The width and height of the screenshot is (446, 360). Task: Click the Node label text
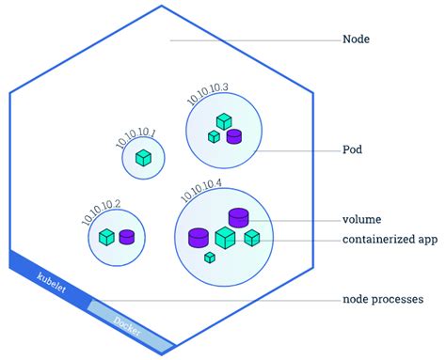point(358,40)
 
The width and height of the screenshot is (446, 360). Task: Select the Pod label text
point(354,149)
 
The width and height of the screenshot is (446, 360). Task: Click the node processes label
point(383,300)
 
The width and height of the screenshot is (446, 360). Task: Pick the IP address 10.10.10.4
point(199,190)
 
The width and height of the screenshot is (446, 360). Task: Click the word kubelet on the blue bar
point(51,286)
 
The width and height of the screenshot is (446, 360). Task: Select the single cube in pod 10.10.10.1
point(143,159)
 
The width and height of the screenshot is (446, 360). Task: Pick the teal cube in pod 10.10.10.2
point(107,237)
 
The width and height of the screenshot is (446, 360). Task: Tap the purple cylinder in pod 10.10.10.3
point(233,137)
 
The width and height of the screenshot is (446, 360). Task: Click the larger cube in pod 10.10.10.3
point(223,121)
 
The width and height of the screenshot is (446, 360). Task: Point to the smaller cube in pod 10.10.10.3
point(214,137)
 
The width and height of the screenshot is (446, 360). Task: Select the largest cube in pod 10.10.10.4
point(225,238)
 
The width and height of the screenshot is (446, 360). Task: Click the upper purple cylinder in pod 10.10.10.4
point(239,219)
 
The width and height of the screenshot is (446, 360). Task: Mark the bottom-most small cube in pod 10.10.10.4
point(210,256)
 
